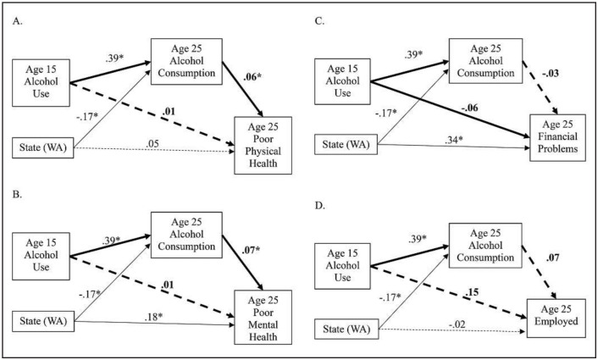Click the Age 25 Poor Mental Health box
[263, 321]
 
